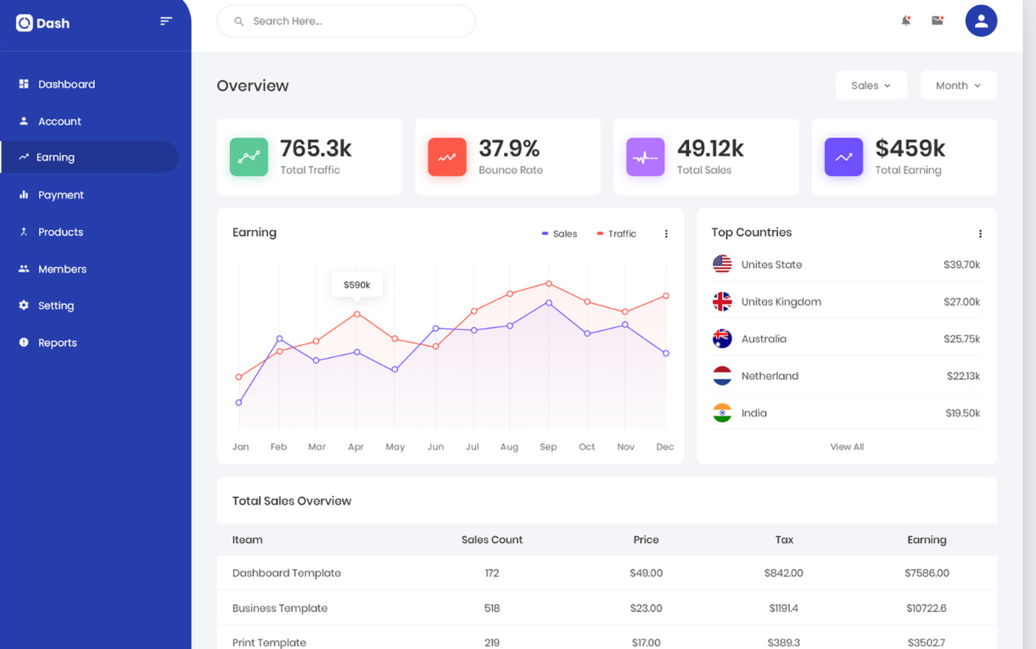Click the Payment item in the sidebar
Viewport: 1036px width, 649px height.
pos(60,195)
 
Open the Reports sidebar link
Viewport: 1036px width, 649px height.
pos(57,343)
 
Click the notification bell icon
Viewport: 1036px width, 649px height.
pos(905,20)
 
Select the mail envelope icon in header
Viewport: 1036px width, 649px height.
pos(938,20)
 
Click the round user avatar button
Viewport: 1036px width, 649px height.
pos(981,21)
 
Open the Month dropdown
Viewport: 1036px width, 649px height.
pos(958,86)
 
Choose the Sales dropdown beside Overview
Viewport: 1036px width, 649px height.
pos(871,86)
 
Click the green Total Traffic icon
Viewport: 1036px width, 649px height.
pos(249,157)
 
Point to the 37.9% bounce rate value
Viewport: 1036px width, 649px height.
pos(509,148)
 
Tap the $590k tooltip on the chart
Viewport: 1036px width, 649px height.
pos(356,285)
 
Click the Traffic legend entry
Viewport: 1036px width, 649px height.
pos(616,234)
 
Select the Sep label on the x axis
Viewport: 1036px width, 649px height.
pos(548,447)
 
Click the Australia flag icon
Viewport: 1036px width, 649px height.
pos(722,338)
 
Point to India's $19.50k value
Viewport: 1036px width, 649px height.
pos(962,413)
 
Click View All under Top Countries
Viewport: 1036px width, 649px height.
pos(846,447)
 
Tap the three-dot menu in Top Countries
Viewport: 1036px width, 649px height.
pos(980,233)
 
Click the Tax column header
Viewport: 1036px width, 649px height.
pos(783,540)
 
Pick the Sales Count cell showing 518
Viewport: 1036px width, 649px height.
pos(491,608)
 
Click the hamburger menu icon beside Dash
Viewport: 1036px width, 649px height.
pos(165,21)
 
